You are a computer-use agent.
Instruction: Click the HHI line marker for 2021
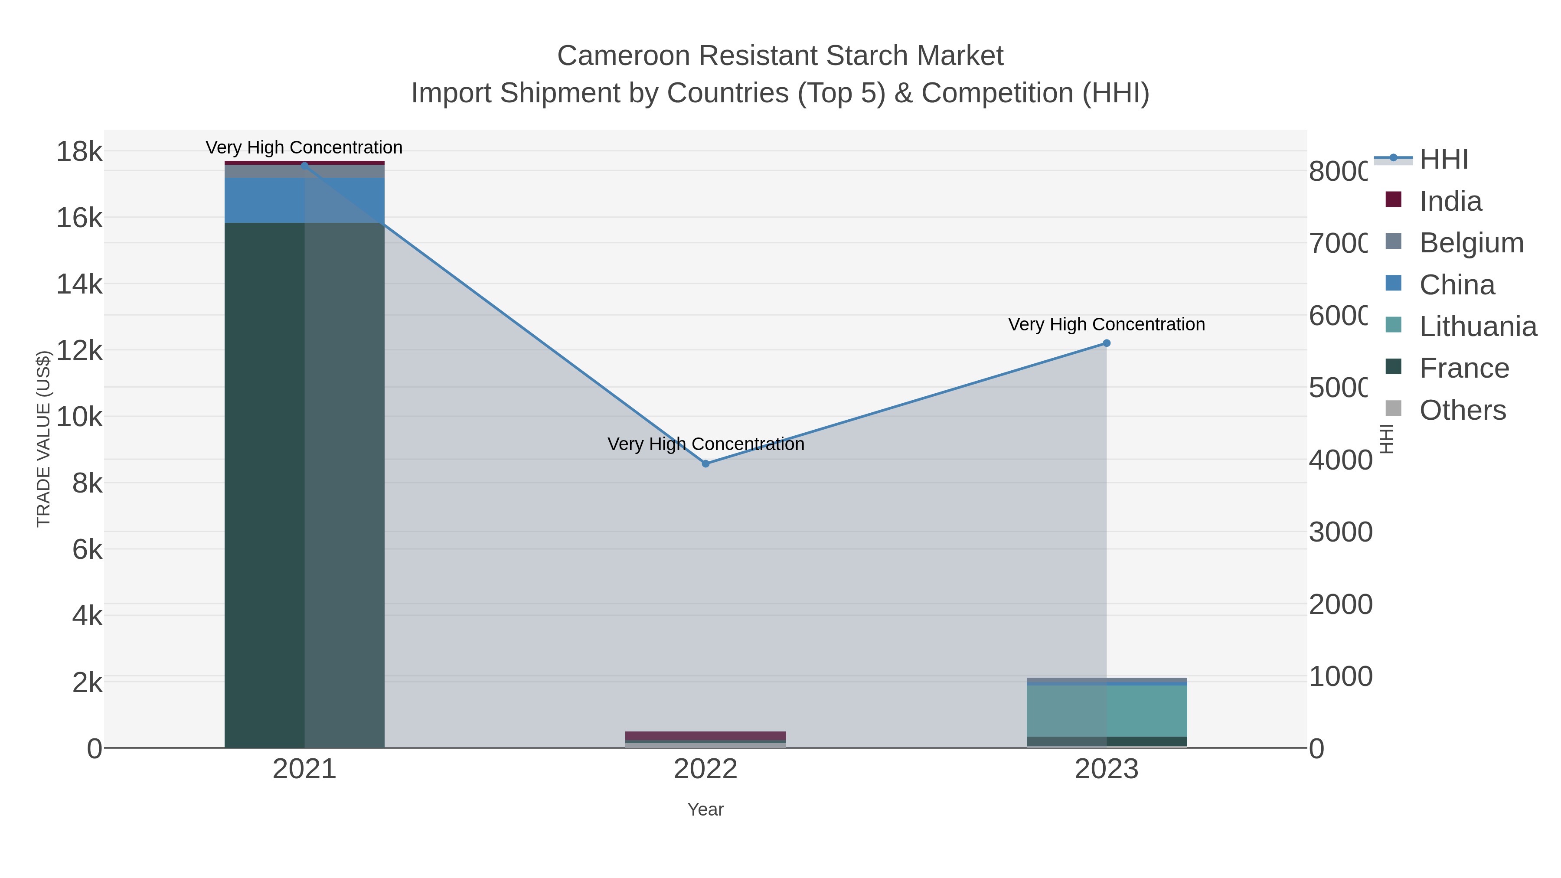tap(304, 165)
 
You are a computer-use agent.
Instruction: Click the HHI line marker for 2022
tap(705, 463)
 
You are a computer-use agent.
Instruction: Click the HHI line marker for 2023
tap(1107, 343)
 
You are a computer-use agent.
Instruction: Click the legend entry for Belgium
tap(1471, 243)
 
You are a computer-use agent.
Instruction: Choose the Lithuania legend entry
tap(1477, 326)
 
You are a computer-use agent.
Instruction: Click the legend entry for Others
tap(1462, 410)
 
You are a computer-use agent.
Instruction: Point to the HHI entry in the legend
tap(1443, 160)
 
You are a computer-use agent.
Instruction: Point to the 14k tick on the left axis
tap(79, 284)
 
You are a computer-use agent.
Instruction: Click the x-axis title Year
tap(705, 809)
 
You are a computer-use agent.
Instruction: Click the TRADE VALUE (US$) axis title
tap(44, 439)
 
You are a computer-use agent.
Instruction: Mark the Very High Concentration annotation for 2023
tap(1107, 325)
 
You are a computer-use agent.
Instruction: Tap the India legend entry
tap(1450, 201)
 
